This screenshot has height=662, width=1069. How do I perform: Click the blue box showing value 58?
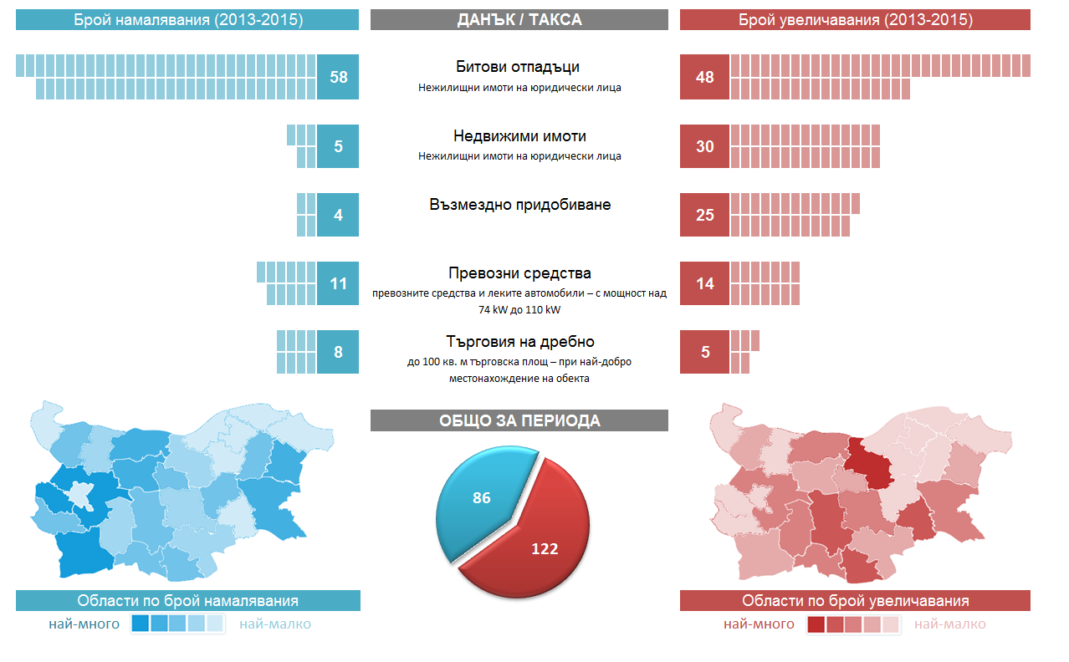pos(338,77)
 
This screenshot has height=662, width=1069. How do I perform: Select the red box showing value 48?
pos(704,77)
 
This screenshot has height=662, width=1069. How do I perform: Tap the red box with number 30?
pos(704,146)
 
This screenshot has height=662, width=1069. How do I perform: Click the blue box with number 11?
pos(338,283)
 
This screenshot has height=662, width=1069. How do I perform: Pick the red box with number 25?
pos(704,215)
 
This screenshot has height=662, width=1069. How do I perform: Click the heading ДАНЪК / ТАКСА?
pos(519,19)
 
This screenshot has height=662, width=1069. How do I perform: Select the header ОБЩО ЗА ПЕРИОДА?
pos(519,420)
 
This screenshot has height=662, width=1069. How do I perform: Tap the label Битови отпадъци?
pos(519,67)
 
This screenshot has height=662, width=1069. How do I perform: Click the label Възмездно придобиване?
pos(519,204)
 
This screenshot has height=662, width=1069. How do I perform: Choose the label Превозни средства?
pos(519,273)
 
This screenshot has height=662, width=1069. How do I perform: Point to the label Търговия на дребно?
pos(519,342)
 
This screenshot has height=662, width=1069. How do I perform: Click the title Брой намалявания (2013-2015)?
pos(187,19)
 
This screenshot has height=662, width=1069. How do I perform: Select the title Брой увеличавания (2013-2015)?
pos(855,19)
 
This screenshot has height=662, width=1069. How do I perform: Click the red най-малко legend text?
pos(949,624)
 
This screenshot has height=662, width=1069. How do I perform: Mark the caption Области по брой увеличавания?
pos(855,601)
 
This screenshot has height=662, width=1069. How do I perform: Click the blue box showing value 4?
pos(338,215)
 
